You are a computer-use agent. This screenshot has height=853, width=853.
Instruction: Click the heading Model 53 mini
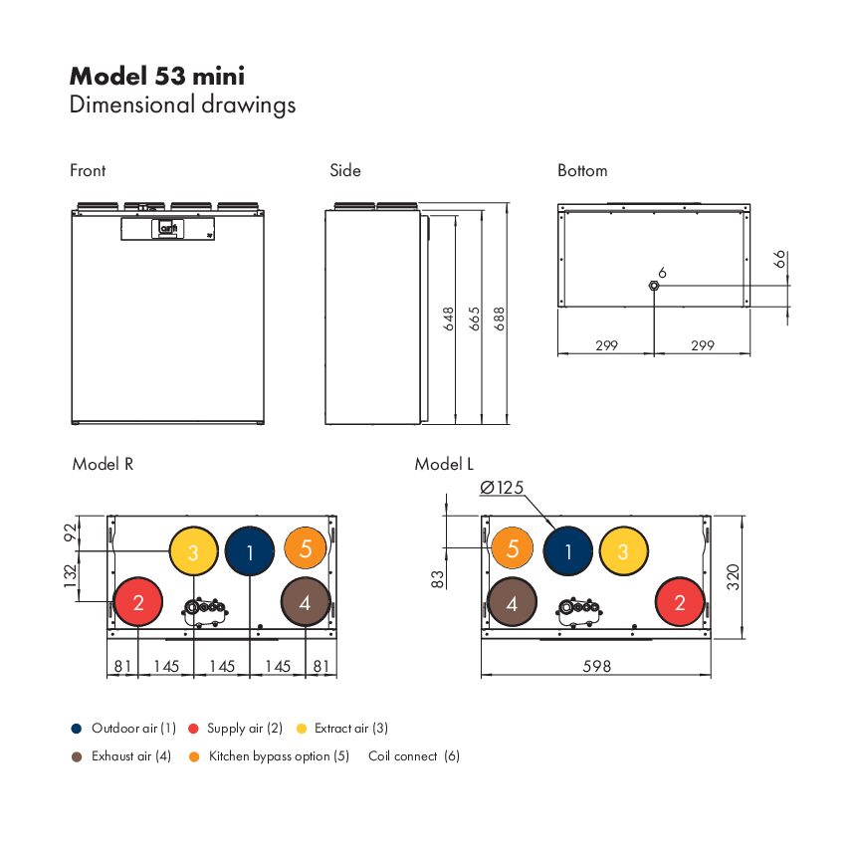[x=157, y=77]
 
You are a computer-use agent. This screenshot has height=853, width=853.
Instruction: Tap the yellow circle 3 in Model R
[x=194, y=551]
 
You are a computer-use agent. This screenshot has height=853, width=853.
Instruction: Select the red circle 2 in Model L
[x=680, y=602]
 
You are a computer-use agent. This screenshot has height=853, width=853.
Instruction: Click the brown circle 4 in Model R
[x=306, y=602]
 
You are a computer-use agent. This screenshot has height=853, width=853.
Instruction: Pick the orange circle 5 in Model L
[x=512, y=547]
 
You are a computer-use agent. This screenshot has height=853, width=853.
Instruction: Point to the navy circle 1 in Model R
[x=250, y=551]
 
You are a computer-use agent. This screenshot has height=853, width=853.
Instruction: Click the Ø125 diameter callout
[x=502, y=488]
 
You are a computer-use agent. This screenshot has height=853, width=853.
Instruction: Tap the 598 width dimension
[x=597, y=666]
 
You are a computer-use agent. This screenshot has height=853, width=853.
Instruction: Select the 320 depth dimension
[x=734, y=577]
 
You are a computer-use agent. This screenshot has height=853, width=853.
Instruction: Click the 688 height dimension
[x=499, y=319]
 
